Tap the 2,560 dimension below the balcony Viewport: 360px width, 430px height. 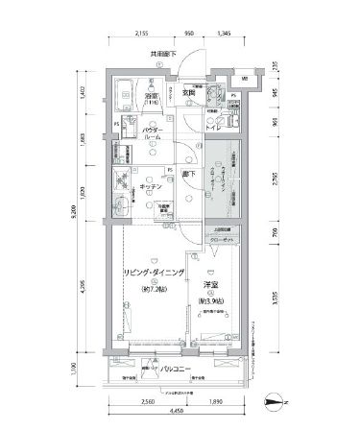(x=148, y=403)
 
